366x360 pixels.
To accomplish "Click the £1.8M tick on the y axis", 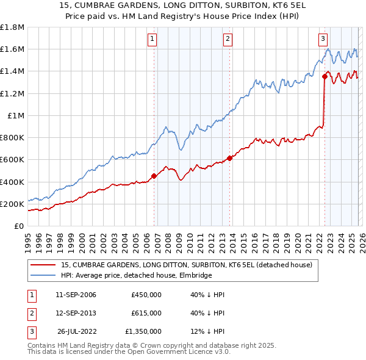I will (12, 27).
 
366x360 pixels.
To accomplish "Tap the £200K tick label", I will (12, 204).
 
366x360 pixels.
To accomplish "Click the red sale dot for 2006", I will (154, 176).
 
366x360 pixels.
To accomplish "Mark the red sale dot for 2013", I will (229, 158).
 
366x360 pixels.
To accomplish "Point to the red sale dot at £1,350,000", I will (325, 77).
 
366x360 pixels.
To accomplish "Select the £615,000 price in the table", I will (146, 313).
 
